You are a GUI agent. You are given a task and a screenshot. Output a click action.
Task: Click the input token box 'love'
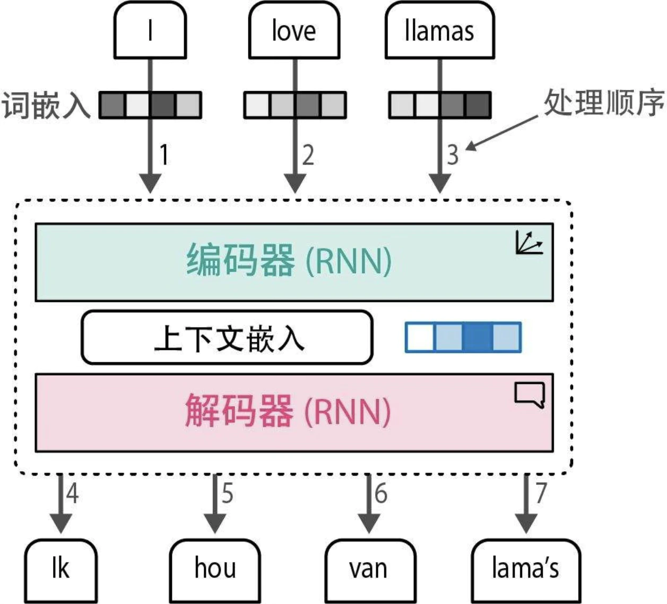[x=294, y=30]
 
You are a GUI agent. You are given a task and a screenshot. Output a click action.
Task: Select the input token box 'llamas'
[x=439, y=30]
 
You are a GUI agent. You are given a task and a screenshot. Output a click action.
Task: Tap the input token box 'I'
[x=150, y=30]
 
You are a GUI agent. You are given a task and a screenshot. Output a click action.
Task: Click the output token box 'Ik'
[x=60, y=569]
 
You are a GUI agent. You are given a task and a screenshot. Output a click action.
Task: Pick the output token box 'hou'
[x=215, y=569]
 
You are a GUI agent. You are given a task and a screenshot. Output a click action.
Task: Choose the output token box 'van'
[x=369, y=569]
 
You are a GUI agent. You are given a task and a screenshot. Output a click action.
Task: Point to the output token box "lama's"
[x=525, y=569]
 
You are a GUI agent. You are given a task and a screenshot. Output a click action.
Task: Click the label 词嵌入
[x=46, y=105]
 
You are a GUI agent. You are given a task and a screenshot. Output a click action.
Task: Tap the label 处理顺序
[x=603, y=102]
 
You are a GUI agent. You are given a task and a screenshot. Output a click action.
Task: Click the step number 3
[x=452, y=155]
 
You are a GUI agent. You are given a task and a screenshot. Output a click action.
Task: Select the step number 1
[x=164, y=155]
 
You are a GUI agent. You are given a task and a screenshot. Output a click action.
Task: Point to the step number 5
[x=227, y=493]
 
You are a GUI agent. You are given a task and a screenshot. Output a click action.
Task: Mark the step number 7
[x=541, y=493]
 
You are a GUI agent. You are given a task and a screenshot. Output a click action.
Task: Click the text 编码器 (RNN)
[x=289, y=261]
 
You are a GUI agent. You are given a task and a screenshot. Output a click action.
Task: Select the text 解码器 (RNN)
[x=288, y=411]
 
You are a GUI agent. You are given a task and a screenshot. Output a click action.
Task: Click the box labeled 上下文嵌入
[x=227, y=338]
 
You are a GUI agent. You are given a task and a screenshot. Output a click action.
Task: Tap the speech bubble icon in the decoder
[x=529, y=395]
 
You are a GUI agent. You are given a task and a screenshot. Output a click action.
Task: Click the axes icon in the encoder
[x=529, y=243]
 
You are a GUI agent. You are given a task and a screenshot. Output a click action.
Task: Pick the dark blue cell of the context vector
[x=477, y=338]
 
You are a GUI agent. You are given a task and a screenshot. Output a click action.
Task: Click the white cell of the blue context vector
[x=420, y=338]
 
